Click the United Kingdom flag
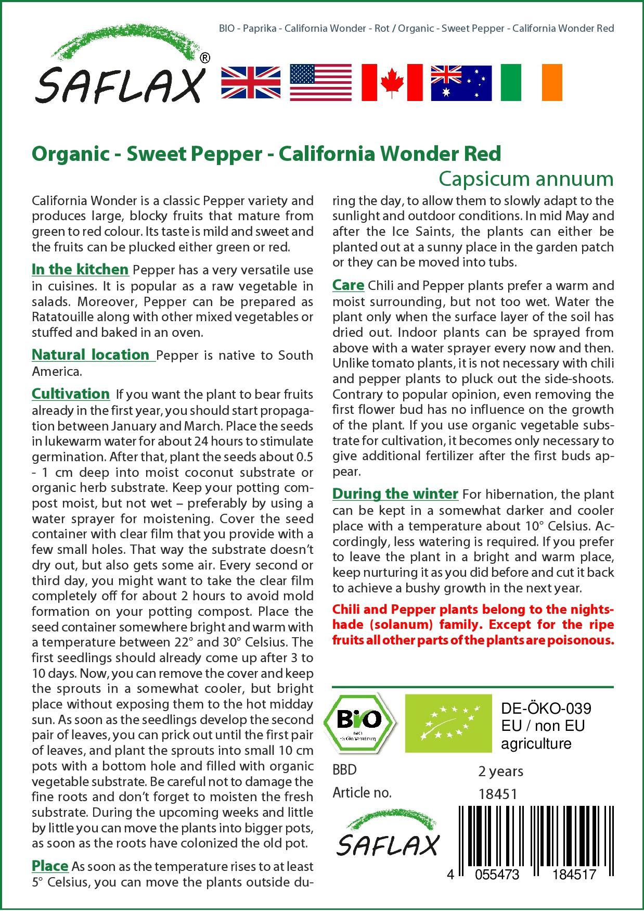click(x=251, y=82)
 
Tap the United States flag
click(x=320, y=82)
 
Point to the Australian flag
click(x=461, y=83)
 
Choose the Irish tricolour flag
click(x=531, y=82)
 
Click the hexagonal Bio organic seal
click(x=359, y=722)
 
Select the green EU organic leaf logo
click(x=448, y=723)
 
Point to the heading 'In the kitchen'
click(x=80, y=269)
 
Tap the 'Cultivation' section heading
click(x=71, y=394)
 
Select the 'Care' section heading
click(x=348, y=285)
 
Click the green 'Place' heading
click(x=50, y=866)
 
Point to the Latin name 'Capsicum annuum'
click(x=525, y=179)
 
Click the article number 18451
click(x=497, y=794)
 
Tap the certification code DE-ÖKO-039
click(x=546, y=708)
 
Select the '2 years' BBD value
click(x=500, y=771)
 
